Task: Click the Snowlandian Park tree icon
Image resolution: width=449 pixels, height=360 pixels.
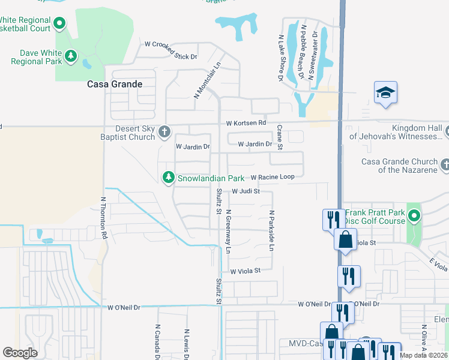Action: click(x=169, y=178)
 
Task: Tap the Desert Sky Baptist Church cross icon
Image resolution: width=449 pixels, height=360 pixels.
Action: click(x=164, y=131)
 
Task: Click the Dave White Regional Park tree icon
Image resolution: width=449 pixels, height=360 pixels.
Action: click(x=71, y=56)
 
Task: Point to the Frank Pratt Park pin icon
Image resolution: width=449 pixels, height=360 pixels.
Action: click(x=414, y=215)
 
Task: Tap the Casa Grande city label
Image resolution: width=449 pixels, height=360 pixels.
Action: click(x=115, y=84)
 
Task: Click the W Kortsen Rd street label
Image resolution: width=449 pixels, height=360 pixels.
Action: click(x=246, y=123)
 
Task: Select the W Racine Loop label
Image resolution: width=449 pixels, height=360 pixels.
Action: click(x=273, y=177)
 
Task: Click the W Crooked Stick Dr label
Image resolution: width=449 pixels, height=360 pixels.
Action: click(x=171, y=44)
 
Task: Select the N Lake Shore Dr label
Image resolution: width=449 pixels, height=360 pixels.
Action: click(x=280, y=57)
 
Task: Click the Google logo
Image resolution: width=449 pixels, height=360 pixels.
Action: click(x=20, y=353)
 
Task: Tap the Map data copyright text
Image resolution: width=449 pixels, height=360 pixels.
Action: click(x=424, y=355)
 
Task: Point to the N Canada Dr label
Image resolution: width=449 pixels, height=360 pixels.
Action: click(x=157, y=342)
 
